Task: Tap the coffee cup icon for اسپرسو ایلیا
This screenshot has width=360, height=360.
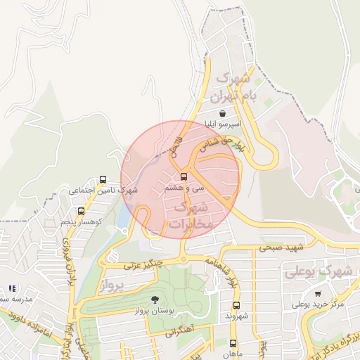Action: tap(222, 112)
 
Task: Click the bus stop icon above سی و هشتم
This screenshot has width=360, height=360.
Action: tap(184, 176)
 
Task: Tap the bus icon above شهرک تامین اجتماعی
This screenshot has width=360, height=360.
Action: tap(104, 179)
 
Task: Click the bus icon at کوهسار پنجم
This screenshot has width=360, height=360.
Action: tap(81, 211)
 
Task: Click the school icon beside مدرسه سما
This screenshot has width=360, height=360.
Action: tap(11, 288)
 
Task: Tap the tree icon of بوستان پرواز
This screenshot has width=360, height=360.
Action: tap(155, 300)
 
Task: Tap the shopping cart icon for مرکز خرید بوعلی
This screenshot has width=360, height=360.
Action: tap(318, 293)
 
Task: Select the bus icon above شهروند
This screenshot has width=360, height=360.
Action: tap(236, 305)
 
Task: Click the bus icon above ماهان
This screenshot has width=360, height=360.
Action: tap(233, 343)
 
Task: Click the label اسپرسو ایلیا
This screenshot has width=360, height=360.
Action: tap(222, 124)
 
